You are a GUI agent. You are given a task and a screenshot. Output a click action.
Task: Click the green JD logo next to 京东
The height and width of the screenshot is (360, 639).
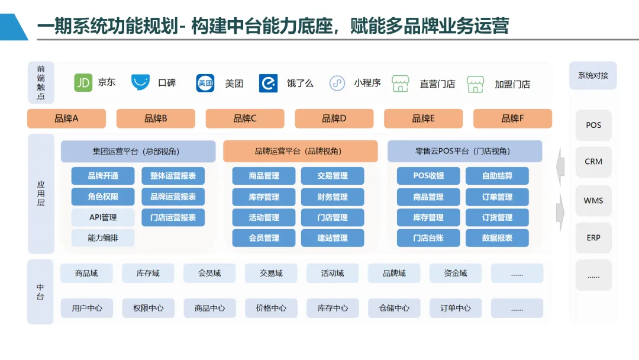83,83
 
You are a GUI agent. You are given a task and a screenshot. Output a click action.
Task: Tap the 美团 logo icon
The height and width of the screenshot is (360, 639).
205,83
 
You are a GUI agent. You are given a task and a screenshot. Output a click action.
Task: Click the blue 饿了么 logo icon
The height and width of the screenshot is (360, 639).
268,83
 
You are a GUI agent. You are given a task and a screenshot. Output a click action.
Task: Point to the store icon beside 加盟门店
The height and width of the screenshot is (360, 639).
475,84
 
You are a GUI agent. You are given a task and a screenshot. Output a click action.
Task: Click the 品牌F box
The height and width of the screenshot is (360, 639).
512,118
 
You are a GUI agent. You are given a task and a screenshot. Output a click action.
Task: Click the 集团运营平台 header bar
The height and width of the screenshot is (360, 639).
138,152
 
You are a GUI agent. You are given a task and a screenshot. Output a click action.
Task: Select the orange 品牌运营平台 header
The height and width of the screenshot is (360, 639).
300,152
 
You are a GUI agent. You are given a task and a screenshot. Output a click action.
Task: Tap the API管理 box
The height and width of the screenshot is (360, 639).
103,217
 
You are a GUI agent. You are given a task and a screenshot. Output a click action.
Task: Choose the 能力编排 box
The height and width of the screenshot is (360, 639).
103,238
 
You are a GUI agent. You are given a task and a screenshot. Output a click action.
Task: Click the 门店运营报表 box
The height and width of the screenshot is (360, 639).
173,217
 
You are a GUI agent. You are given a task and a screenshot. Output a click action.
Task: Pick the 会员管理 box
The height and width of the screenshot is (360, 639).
263,238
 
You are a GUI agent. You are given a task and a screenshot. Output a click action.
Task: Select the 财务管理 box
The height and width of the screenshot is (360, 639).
333,197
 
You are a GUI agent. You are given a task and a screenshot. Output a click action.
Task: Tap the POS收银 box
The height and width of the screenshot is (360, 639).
428,176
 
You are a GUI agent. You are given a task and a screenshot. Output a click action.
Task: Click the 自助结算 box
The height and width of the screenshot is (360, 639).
497,176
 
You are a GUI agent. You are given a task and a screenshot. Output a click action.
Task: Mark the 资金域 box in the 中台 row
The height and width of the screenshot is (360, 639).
456,273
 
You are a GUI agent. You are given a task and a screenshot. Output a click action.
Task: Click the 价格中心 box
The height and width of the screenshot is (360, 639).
271,308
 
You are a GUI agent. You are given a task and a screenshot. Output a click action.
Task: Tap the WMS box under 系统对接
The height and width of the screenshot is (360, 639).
593,201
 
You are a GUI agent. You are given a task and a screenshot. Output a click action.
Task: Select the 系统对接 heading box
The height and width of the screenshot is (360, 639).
593,76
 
